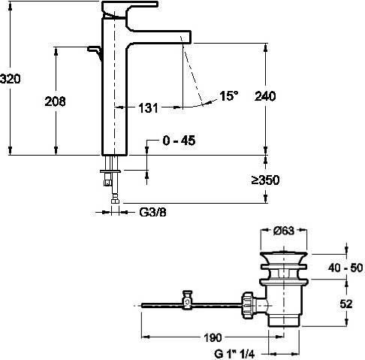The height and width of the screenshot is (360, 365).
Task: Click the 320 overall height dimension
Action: [11, 79]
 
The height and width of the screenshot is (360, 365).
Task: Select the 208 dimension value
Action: [55, 101]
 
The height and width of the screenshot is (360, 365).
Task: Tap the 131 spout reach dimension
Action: [148, 108]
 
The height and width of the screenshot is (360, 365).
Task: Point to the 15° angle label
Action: [229, 96]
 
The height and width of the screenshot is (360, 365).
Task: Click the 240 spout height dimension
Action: [265, 96]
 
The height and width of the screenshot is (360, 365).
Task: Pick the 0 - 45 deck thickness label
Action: [179, 141]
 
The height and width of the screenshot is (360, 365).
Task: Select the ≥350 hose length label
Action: [265, 180]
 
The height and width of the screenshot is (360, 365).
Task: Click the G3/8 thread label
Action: [152, 213]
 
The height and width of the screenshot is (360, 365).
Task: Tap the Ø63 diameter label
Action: [284, 231]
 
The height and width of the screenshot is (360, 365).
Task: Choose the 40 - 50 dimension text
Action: [345, 268]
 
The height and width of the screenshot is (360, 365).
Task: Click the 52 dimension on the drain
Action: [346, 304]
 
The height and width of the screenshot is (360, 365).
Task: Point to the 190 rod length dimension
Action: [213, 337]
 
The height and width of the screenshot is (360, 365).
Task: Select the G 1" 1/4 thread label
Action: [234, 354]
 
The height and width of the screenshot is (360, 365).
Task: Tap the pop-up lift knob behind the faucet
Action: [95, 51]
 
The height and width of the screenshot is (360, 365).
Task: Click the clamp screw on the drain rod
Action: [187, 300]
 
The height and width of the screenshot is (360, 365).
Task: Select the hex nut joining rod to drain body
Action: [248, 304]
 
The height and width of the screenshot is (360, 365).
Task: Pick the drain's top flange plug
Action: [284, 256]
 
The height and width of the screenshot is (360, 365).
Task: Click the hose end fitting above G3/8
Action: [115, 201]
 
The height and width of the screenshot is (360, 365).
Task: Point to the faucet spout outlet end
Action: [186, 37]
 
